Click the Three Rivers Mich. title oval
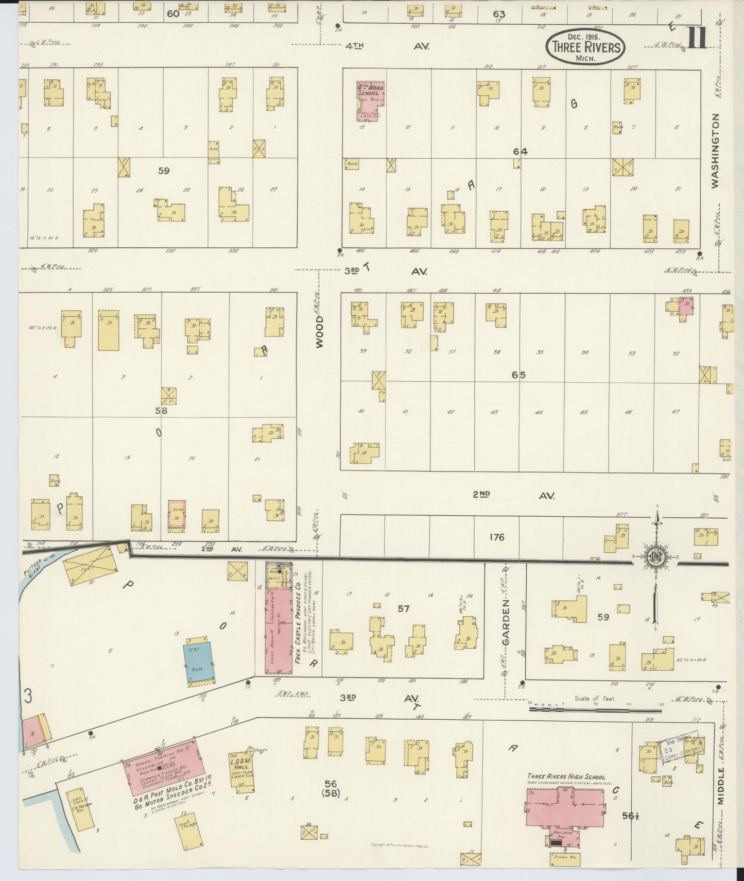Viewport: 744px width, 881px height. pos(585,46)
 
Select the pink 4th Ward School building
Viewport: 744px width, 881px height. pos(371,100)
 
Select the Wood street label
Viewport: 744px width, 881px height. pos(320,332)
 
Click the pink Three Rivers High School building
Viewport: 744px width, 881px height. pos(565,807)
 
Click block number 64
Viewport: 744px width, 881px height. pos(520,151)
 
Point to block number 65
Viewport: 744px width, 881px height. pos(518,375)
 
